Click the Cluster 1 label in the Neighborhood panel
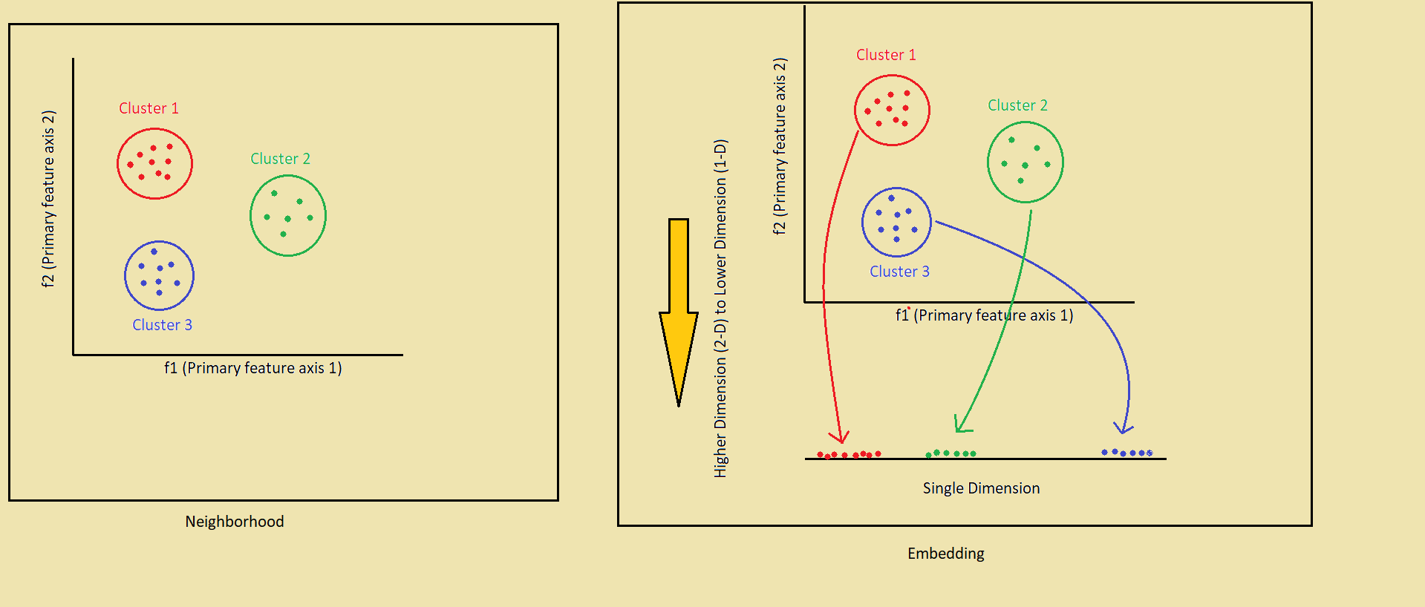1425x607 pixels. coord(149,108)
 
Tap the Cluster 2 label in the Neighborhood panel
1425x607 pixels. coord(280,159)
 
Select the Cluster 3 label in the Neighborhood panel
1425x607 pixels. coord(162,325)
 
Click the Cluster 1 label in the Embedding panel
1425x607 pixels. coord(886,55)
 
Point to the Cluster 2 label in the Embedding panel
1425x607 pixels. coord(1017,105)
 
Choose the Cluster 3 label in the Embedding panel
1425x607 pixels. coord(899,272)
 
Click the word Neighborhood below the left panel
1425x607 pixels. coord(235,522)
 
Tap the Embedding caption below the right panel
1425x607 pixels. coord(945,554)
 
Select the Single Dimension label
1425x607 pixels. coord(981,488)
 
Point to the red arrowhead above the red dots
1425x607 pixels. coord(841,436)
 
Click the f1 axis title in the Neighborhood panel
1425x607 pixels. coord(252,368)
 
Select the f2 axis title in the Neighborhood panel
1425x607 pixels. coord(48,199)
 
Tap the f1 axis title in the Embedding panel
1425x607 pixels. coord(984,315)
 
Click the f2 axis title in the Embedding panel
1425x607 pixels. coord(779,146)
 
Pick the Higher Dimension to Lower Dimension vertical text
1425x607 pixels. coord(720,308)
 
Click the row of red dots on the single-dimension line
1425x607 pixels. coord(849,454)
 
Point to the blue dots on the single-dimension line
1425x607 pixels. coord(1126,452)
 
